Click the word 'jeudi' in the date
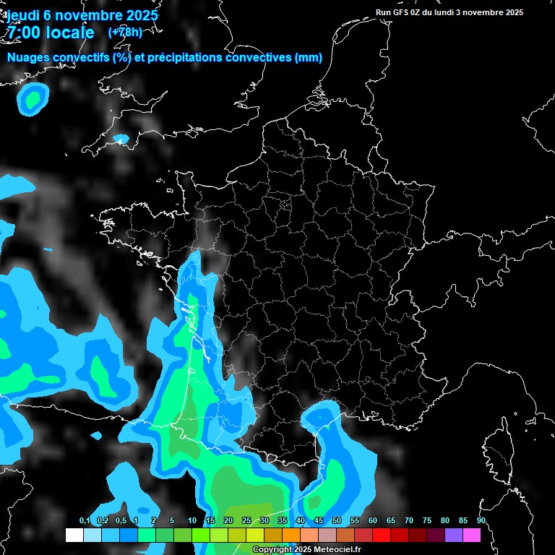[23, 15]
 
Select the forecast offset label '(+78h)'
[124, 32]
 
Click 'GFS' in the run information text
[403, 12]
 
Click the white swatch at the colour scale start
[74, 535]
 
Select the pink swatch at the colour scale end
[472, 535]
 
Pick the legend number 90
[481, 520]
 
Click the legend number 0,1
[85, 520]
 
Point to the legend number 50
[337, 520]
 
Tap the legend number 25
[246, 520]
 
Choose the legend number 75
[427, 520]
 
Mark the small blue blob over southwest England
[121, 138]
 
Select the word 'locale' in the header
[69, 33]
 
